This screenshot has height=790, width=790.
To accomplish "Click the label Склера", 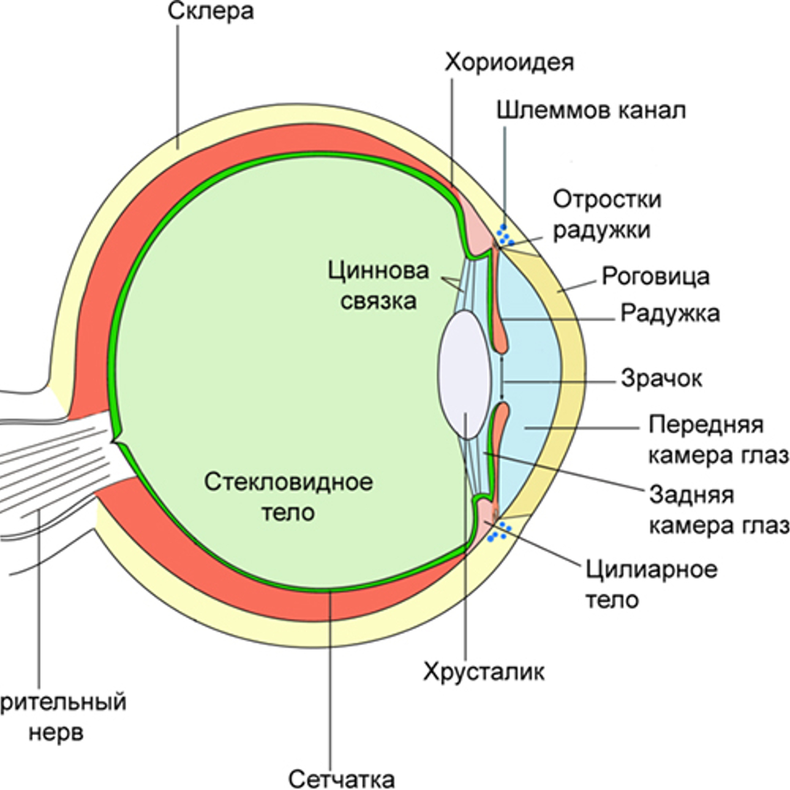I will point(211,11).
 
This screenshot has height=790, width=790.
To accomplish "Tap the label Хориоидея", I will point(509,62).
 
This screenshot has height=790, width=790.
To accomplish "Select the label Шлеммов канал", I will point(591,110).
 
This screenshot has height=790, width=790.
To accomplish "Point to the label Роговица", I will point(655,276).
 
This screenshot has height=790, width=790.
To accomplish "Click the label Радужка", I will point(670,313).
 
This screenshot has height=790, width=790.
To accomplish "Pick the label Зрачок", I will point(661,378).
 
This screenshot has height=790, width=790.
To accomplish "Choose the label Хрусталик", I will point(483,671).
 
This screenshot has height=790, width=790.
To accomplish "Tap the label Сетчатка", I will point(341,778).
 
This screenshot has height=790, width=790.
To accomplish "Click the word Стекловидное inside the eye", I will point(288,481).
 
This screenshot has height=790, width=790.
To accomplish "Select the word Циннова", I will point(378,270).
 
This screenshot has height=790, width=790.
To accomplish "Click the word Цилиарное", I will point(651,568).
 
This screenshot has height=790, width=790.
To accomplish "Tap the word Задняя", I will point(691,494).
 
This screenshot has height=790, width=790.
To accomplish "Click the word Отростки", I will point(607,199).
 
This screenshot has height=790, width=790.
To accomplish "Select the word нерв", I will point(56,733).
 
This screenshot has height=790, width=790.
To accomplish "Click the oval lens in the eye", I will point(465,374).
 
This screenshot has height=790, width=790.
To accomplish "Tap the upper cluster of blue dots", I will point(505,235).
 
